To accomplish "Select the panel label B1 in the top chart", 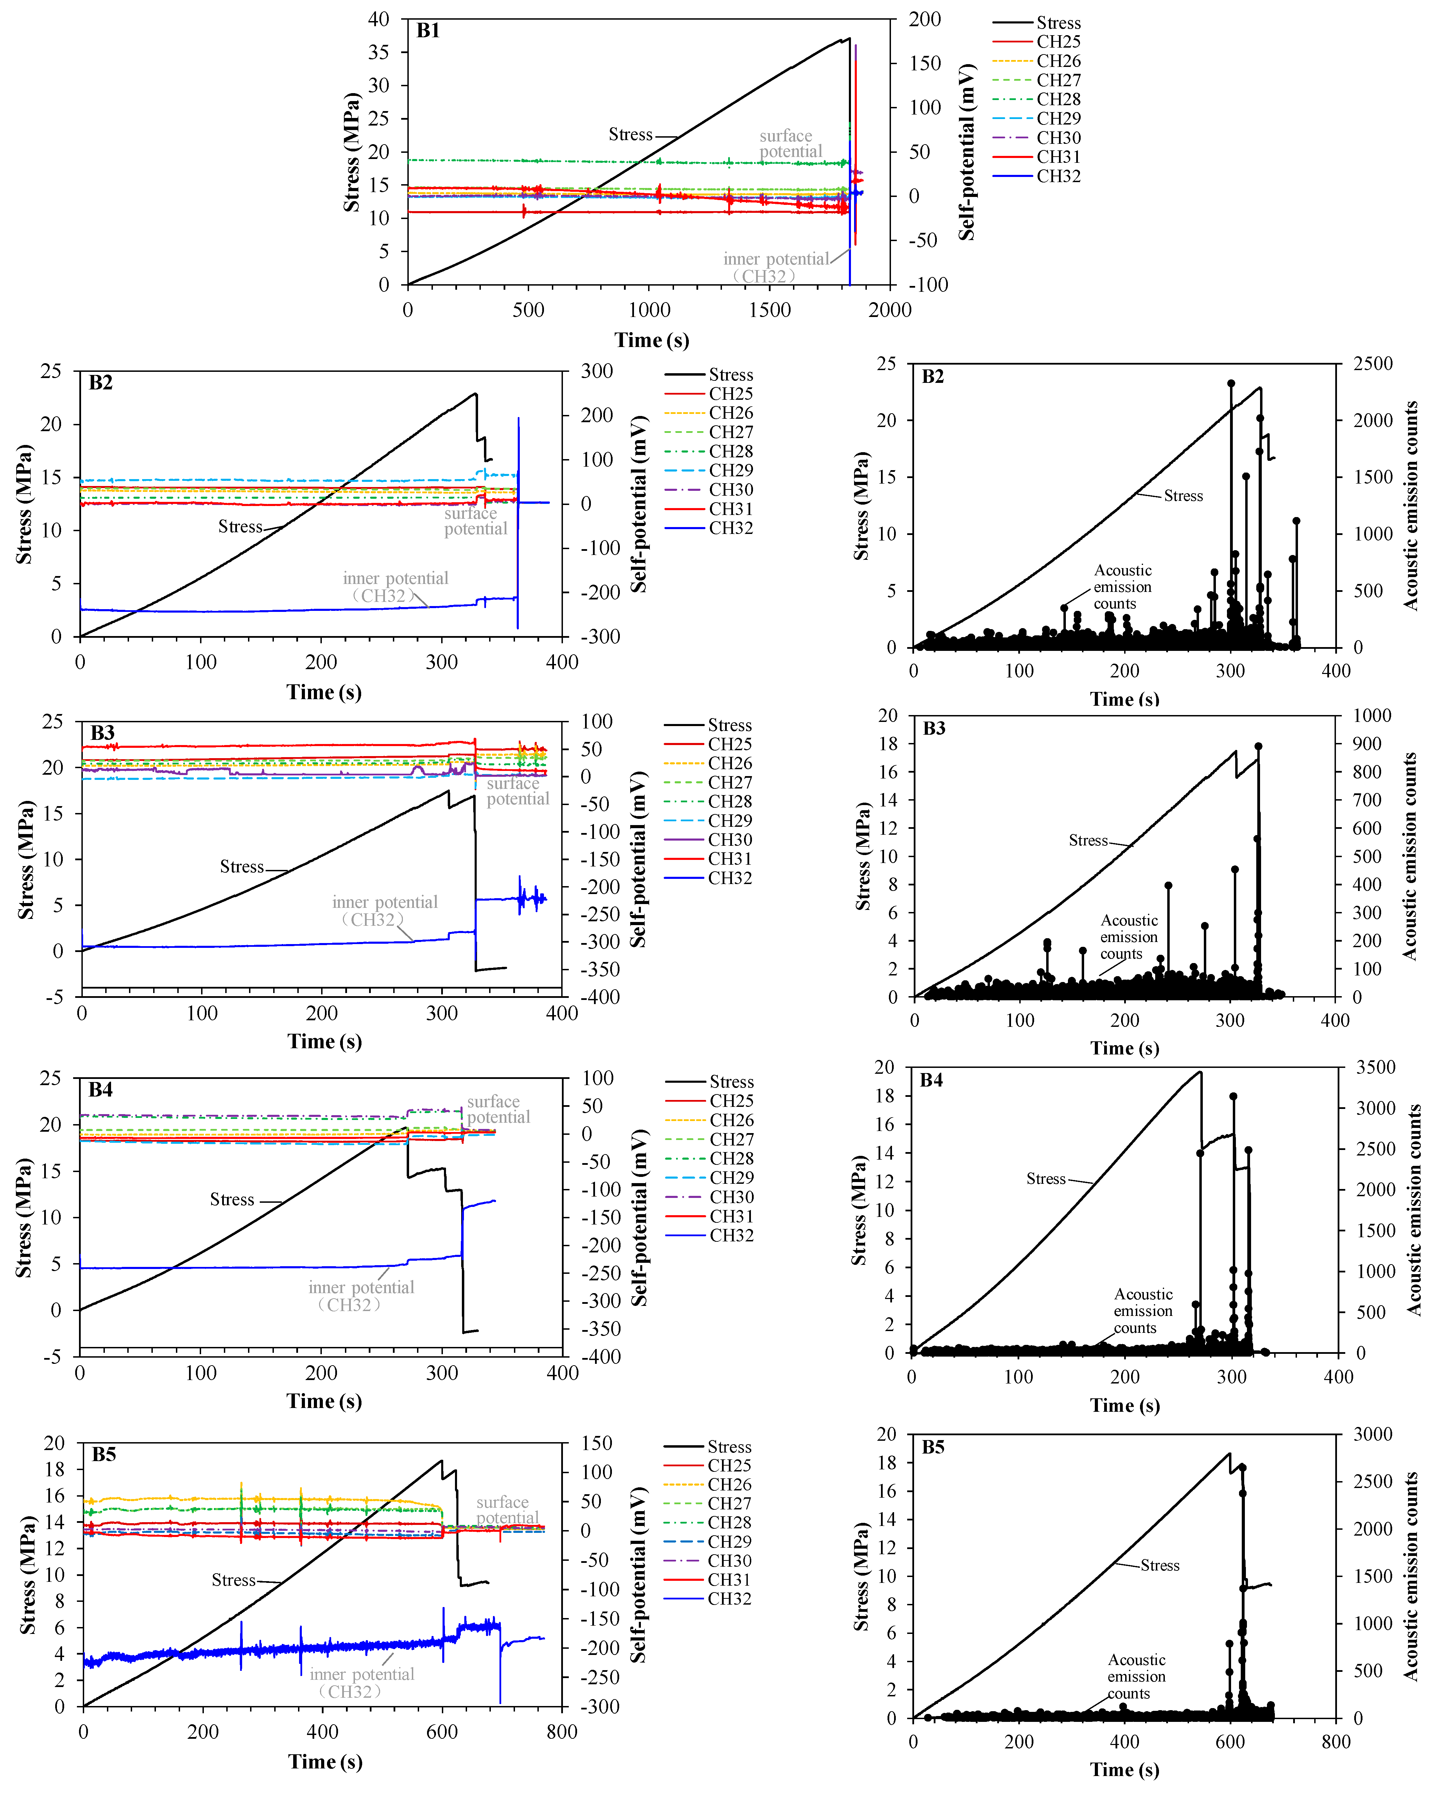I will pos(428,31).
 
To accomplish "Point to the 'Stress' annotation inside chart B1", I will pos(630,135).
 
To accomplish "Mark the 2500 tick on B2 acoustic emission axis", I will pos(1372,364).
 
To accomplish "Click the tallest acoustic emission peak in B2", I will pos(1230,384).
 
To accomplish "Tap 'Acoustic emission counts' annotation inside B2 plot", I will pos(1122,587).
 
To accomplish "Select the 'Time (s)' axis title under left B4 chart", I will pos(324,1401).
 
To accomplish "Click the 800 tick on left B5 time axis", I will pos(562,1733).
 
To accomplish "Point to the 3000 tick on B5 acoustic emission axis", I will pos(1372,1434).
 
